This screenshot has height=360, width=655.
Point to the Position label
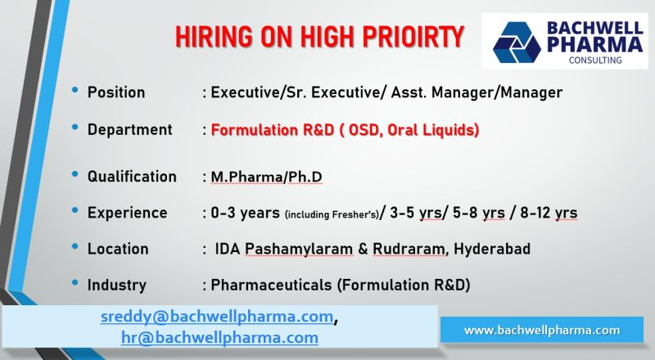[x=116, y=92]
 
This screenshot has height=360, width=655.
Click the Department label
[x=129, y=129]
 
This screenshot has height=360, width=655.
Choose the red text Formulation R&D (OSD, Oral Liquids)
[x=345, y=129]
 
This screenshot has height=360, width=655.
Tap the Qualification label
[x=132, y=177]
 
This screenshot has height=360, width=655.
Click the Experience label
[x=127, y=213]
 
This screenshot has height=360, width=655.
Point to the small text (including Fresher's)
[x=332, y=214]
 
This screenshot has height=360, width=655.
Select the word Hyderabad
[x=491, y=249]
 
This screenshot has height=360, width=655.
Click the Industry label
[x=116, y=285]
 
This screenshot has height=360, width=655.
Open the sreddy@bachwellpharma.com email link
[x=217, y=317]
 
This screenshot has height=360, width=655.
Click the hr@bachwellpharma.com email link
[x=219, y=337]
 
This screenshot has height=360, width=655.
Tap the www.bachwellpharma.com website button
[x=542, y=330]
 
